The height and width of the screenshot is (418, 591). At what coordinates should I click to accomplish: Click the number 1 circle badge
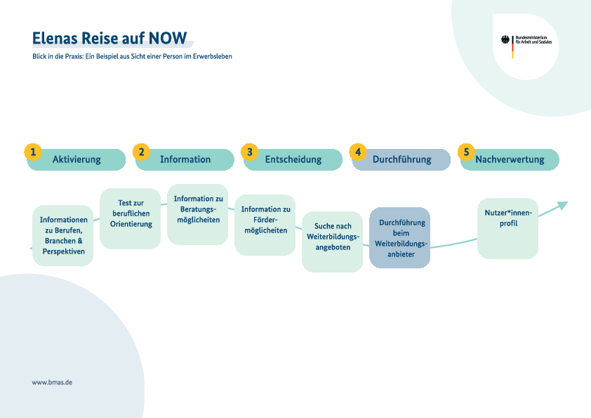[x=33, y=152]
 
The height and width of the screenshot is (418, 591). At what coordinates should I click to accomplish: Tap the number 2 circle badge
[x=142, y=152]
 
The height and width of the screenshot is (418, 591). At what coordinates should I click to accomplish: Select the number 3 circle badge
[x=249, y=152]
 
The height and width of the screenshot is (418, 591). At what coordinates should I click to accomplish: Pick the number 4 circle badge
[x=358, y=152]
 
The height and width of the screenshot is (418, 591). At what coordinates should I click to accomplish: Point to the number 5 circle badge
[x=466, y=152]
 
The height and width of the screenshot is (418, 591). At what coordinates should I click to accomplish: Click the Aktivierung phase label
[x=77, y=159]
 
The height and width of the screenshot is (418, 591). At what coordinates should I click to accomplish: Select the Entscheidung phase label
[x=293, y=159]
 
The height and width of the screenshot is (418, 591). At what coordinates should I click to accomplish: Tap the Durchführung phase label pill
[x=401, y=159]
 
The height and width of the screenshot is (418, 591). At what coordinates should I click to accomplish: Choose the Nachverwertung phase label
[x=510, y=159]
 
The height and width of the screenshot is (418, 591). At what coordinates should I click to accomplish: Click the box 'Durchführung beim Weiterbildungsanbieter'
[x=400, y=237]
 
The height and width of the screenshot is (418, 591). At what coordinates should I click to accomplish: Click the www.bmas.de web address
[x=52, y=383]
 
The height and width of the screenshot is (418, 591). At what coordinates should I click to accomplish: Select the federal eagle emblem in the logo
[x=505, y=40]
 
